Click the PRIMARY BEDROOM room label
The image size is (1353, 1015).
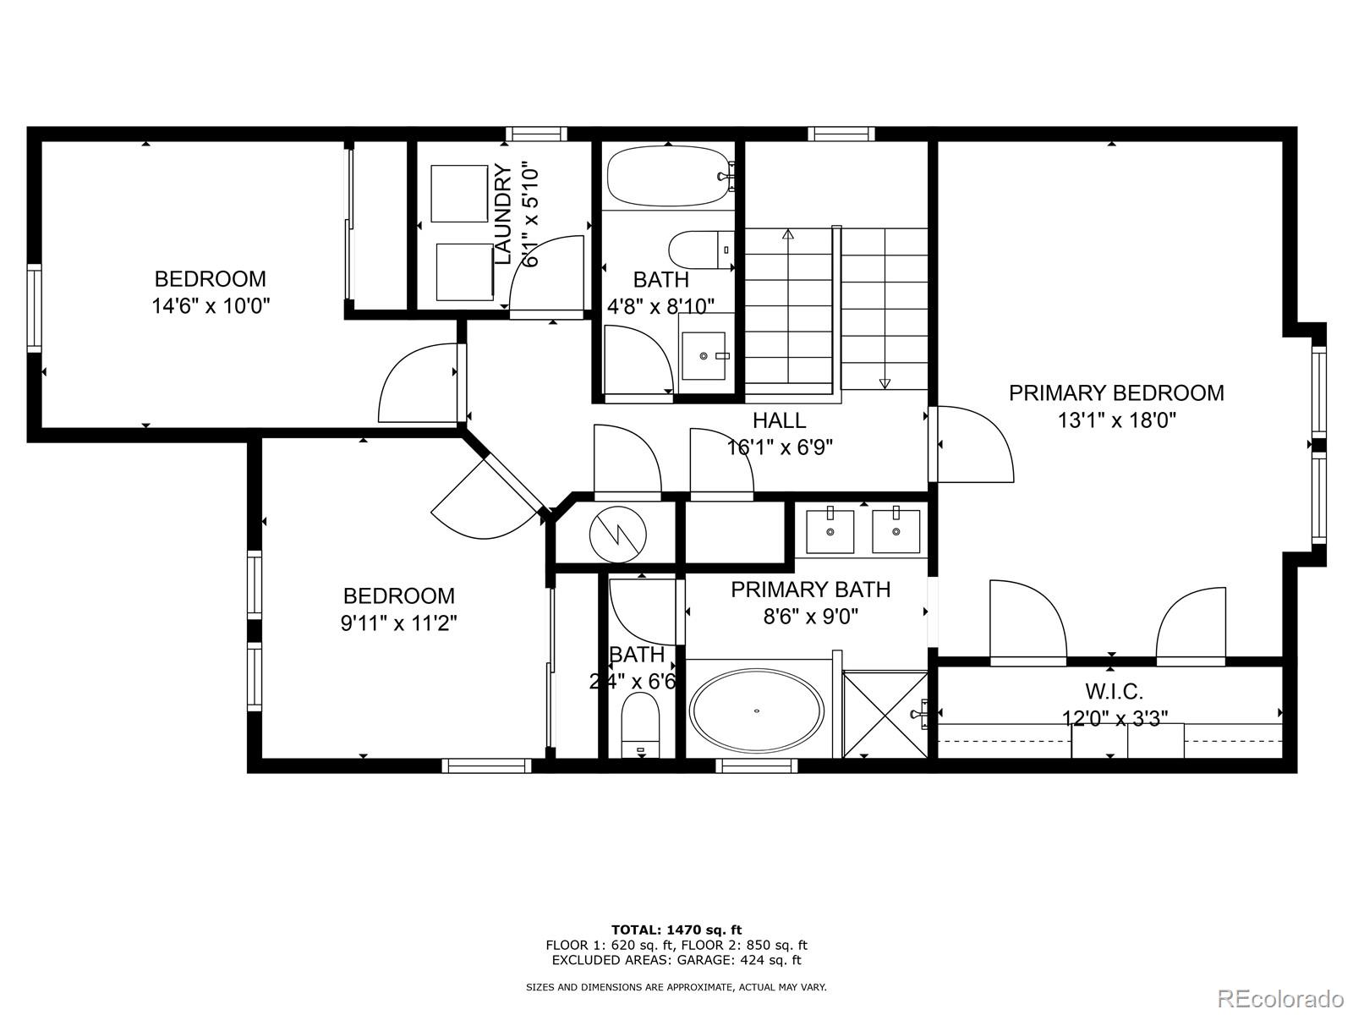1116,393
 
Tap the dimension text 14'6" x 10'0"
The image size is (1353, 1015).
211,306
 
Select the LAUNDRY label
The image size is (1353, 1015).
503,215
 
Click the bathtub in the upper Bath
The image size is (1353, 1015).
668,176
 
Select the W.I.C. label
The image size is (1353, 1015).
1115,692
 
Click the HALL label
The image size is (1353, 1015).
779,420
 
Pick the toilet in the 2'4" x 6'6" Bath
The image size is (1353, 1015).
640,723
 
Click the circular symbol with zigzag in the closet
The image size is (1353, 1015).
618,535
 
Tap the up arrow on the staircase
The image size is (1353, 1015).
788,235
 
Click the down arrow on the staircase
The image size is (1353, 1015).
885,382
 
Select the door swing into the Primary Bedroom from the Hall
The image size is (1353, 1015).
972,444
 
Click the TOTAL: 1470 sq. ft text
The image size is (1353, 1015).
676,930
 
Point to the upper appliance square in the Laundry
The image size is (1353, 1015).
459,194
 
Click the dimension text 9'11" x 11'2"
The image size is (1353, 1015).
399,624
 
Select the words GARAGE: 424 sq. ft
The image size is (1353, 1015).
746,960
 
